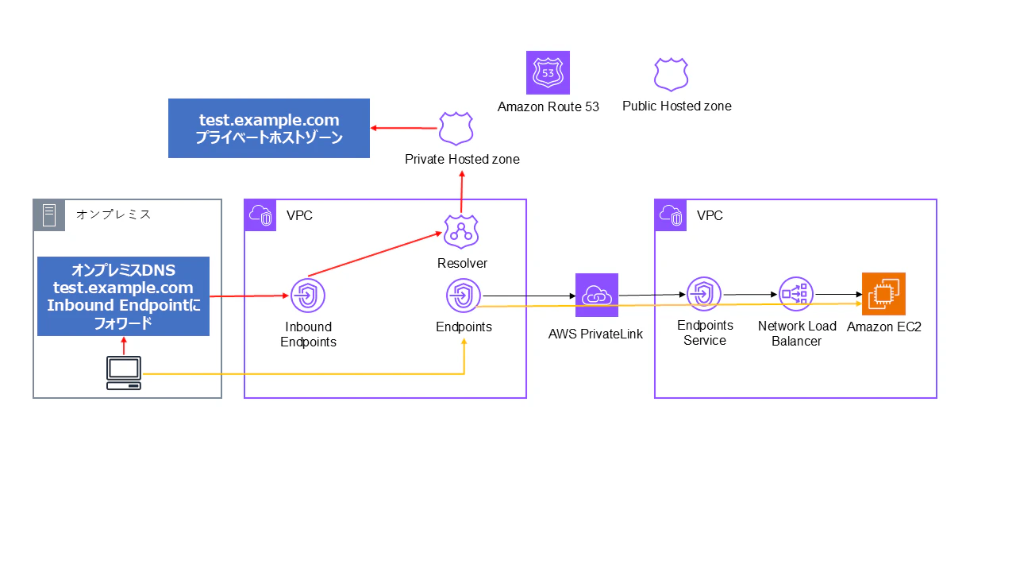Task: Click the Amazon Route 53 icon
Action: pos(548,72)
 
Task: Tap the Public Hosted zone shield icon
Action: pos(672,75)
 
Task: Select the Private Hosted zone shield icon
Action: pos(456,129)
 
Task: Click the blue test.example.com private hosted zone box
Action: pos(269,129)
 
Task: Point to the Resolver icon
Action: pos(461,232)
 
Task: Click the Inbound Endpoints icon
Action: pos(308,296)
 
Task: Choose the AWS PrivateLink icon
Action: pos(597,295)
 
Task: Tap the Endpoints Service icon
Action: pos(704,294)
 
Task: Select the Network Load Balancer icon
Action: pos(796,294)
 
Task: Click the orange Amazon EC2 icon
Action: pos(883,294)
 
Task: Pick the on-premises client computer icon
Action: pos(124,373)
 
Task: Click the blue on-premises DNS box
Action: pos(123,296)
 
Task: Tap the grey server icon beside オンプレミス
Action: pos(49,215)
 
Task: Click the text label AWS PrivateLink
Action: pos(595,334)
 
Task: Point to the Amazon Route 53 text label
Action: pos(548,106)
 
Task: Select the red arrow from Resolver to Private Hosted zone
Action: pos(462,192)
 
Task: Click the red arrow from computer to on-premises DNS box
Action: pos(124,346)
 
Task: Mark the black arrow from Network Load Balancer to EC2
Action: pos(839,294)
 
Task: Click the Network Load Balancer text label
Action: pos(797,334)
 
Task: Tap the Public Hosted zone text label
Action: pos(677,106)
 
